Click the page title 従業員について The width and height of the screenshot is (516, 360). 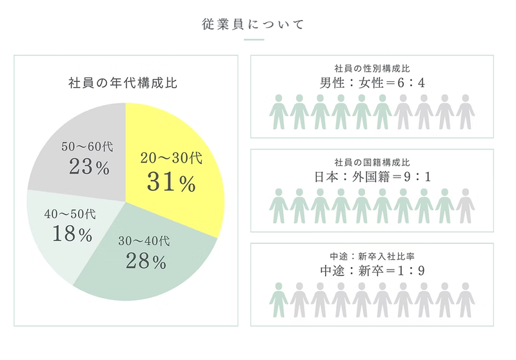tap(252, 25)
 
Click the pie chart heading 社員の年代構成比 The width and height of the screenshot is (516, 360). tap(123, 83)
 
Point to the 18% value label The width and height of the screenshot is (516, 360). tap(71, 234)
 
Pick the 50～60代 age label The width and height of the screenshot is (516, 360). tap(86, 147)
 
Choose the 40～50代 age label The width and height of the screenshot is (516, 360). tap(69, 214)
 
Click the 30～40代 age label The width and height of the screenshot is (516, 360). tap(144, 241)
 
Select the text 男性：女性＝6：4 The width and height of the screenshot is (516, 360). tap(372, 83)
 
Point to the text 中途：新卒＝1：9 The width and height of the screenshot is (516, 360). tap(372, 270)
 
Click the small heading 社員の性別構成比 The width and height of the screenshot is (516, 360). tap(372, 68)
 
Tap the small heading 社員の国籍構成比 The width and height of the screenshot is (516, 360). tap(372, 161)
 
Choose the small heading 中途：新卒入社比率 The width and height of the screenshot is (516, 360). tap(372, 255)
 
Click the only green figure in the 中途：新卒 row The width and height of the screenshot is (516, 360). tap(279, 299)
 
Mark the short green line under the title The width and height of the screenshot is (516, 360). tap(253, 40)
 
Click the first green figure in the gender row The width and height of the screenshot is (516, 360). tap(279, 112)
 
